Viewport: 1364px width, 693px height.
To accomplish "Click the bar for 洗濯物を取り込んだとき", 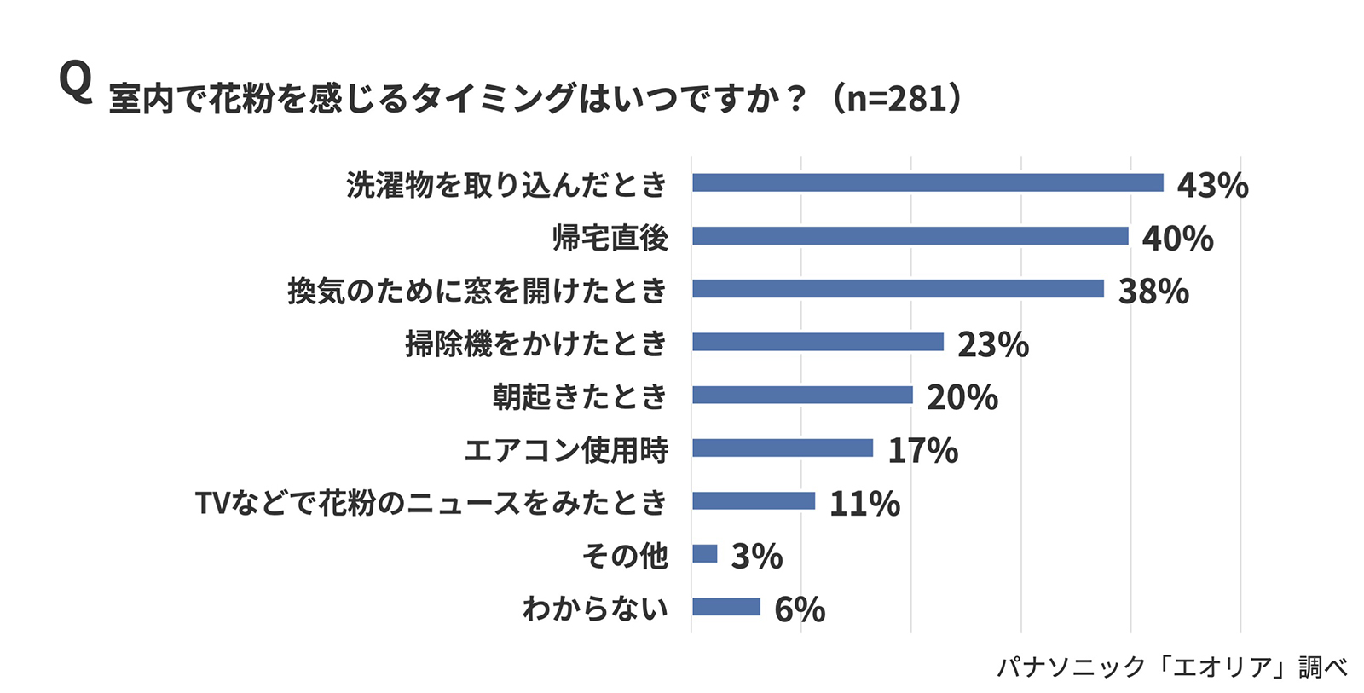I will tap(928, 183).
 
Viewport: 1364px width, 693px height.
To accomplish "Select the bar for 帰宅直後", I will tap(910, 236).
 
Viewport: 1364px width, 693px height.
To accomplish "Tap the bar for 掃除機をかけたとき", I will tap(818, 342).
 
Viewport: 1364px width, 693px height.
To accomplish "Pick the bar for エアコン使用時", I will tap(783, 448).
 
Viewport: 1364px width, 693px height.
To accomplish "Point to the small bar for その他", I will tap(705, 554).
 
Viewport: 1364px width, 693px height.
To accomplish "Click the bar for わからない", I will tap(726, 607).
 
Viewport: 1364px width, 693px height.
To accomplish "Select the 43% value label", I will tap(1212, 185).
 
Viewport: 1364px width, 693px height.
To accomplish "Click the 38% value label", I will tap(1153, 292).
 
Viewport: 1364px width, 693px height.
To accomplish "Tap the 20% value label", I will tap(962, 397).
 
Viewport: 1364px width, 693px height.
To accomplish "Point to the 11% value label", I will tap(864, 504).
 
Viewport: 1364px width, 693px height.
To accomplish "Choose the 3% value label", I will tap(757, 557).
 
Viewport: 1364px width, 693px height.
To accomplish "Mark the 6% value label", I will tap(800, 609).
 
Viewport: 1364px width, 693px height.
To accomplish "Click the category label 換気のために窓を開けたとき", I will tap(477, 291).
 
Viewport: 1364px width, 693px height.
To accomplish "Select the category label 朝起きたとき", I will tap(580, 396).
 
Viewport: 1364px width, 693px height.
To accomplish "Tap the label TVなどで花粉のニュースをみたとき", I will tap(431, 503).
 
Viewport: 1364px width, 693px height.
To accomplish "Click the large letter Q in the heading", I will tap(75, 84).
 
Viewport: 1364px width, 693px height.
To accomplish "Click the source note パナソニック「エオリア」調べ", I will tap(1172, 667).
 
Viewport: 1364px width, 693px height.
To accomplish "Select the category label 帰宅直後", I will tap(610, 238).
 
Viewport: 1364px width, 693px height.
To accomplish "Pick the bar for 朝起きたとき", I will tap(802, 395).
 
